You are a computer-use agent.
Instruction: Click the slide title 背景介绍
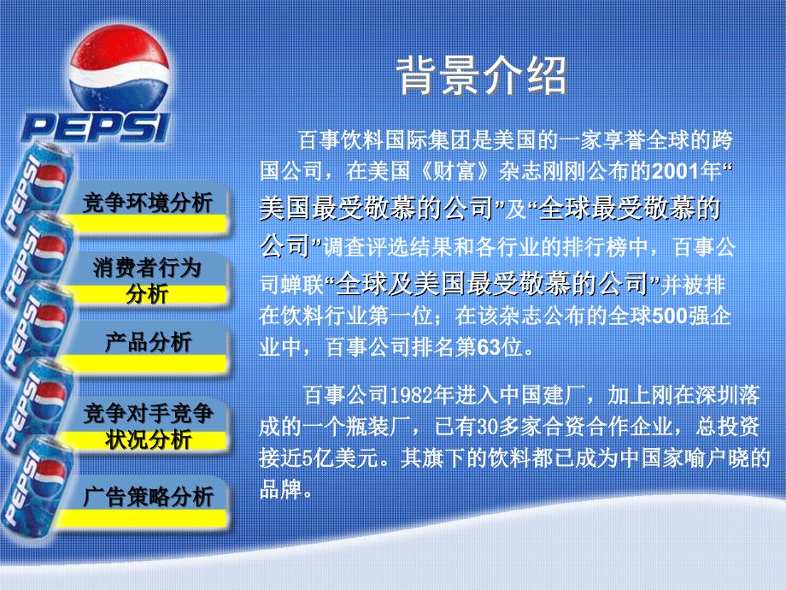click(482, 75)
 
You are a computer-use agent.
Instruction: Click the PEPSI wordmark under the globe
click(95, 127)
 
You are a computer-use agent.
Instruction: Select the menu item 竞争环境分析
click(147, 204)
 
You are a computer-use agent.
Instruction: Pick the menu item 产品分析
click(149, 342)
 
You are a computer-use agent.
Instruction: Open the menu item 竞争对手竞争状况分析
click(149, 426)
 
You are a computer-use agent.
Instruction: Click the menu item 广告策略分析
click(149, 497)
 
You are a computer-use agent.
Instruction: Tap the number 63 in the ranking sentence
click(490, 347)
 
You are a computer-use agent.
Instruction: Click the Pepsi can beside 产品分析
click(36, 328)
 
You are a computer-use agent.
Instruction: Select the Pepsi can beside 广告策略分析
click(35, 487)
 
